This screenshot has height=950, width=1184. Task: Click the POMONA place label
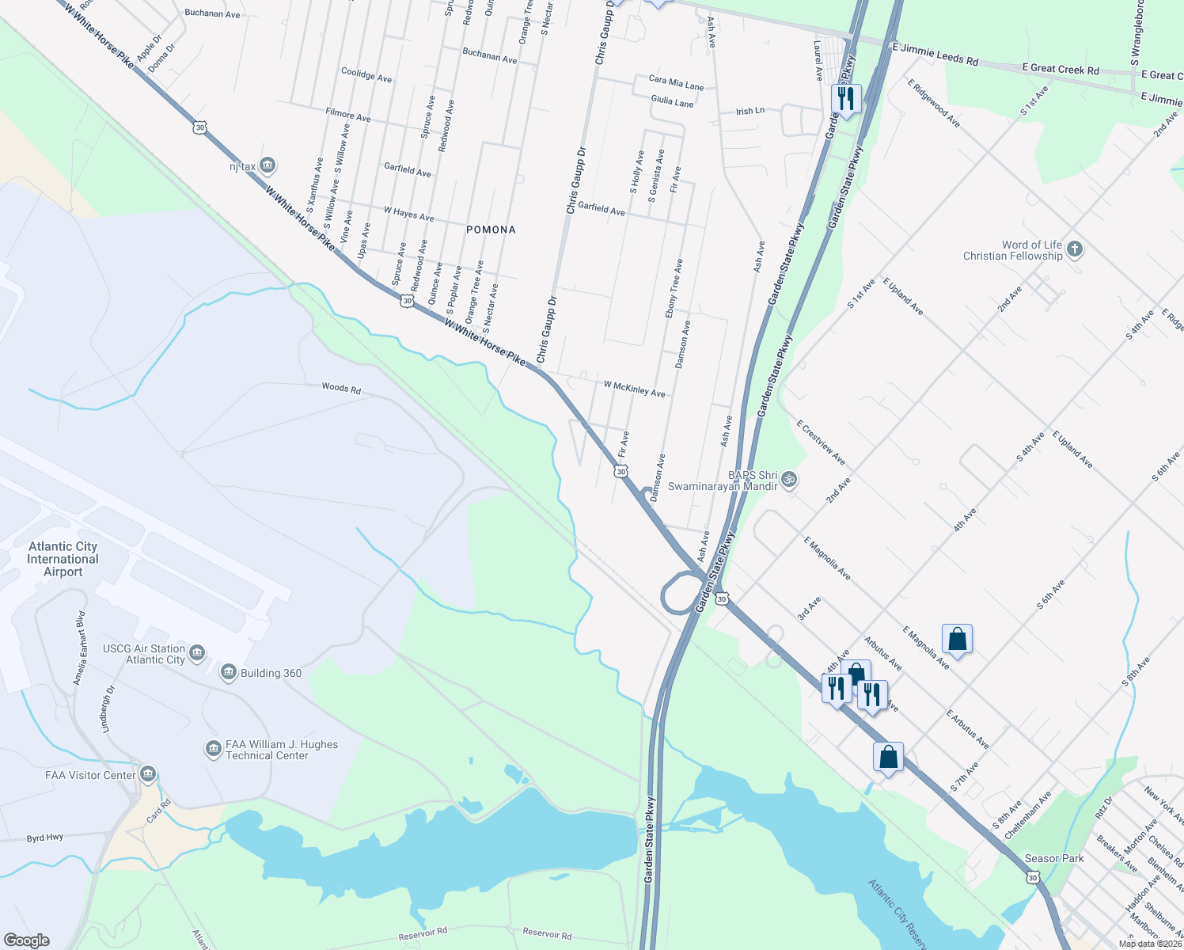pyautogui.click(x=491, y=230)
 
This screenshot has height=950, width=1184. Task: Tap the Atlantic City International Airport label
pyautogui.click(x=63, y=559)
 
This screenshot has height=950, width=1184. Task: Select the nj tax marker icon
pyautogui.click(x=268, y=165)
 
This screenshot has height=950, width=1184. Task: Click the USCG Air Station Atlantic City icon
pyautogui.click(x=197, y=653)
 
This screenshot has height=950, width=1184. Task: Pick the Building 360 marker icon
pyautogui.click(x=229, y=672)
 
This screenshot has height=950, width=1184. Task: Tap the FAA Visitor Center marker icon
pyautogui.click(x=147, y=774)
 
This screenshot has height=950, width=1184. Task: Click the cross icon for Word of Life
pyautogui.click(x=1074, y=249)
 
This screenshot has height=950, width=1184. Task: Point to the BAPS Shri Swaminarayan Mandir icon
pyautogui.click(x=788, y=479)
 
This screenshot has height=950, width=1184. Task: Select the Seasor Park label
pyautogui.click(x=1054, y=858)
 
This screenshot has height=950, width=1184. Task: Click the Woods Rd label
pyautogui.click(x=341, y=388)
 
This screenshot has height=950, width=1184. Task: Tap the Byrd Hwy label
pyautogui.click(x=45, y=838)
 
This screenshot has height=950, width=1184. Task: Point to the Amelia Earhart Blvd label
pyautogui.click(x=79, y=648)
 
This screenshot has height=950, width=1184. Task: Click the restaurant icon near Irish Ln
pyautogui.click(x=846, y=99)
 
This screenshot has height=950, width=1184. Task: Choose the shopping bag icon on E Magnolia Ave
pyautogui.click(x=957, y=639)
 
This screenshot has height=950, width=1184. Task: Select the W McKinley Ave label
pyautogui.click(x=634, y=388)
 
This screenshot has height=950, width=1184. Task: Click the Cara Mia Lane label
pyautogui.click(x=676, y=82)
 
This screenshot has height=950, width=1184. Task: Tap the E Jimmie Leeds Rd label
pyautogui.click(x=935, y=54)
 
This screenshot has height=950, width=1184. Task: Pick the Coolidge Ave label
pyautogui.click(x=366, y=74)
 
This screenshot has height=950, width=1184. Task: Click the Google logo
pyautogui.click(x=26, y=940)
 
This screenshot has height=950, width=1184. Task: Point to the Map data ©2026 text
pyautogui.click(x=1150, y=944)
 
